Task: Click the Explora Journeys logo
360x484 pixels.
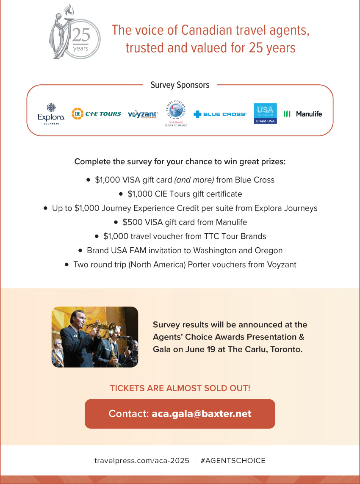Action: (x=51, y=113)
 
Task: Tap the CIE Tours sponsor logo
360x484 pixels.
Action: (x=96, y=113)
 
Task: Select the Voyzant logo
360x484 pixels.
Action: (x=143, y=114)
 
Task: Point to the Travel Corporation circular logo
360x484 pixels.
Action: (x=176, y=113)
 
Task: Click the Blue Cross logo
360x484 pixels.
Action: (x=220, y=114)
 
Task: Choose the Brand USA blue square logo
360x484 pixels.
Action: (x=265, y=113)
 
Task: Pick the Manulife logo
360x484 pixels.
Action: (x=302, y=114)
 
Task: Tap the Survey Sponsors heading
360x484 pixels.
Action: (x=180, y=85)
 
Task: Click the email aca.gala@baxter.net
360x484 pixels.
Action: (x=202, y=414)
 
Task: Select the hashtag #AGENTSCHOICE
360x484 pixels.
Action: (x=233, y=461)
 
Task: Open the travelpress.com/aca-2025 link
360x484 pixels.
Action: (x=142, y=461)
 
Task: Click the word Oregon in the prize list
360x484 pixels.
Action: (x=269, y=250)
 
